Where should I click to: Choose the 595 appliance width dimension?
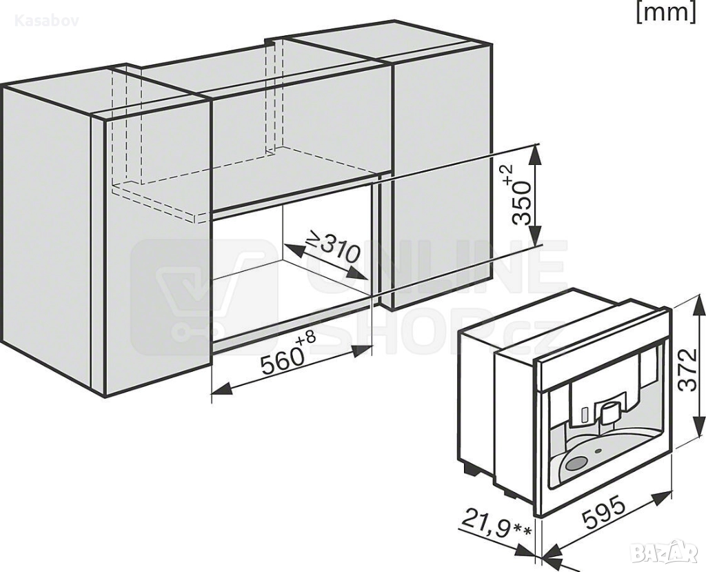pyautogui.click(x=604, y=511)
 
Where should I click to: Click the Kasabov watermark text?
pyautogui.click(x=46, y=21)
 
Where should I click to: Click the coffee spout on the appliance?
pyautogui.click(x=609, y=411)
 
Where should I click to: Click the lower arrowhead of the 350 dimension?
pyautogui.click(x=534, y=236)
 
